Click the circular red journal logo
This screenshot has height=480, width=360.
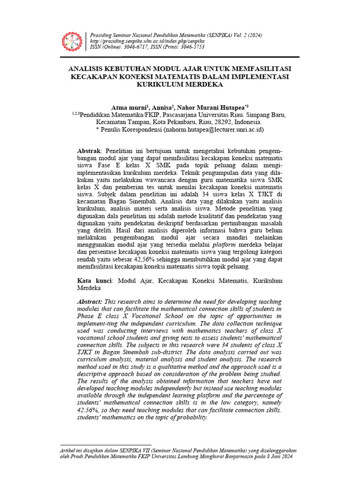pyautogui.click(x=72, y=42)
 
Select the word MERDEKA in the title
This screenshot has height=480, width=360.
pyautogui.click(x=202, y=85)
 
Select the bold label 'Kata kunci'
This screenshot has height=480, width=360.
pyautogui.click(x=94, y=281)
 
